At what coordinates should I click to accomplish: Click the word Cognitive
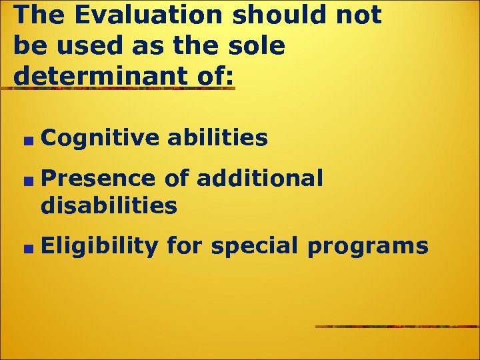pos(100,138)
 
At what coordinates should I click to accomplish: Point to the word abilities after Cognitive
pos(218,138)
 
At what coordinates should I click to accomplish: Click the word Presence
pos(97,178)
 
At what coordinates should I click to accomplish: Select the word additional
pos(260,178)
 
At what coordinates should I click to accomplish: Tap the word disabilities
pos(109,206)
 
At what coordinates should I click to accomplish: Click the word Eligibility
pos(99,246)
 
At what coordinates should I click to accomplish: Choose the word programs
pos(367,247)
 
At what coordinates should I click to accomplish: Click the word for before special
pos(185,246)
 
